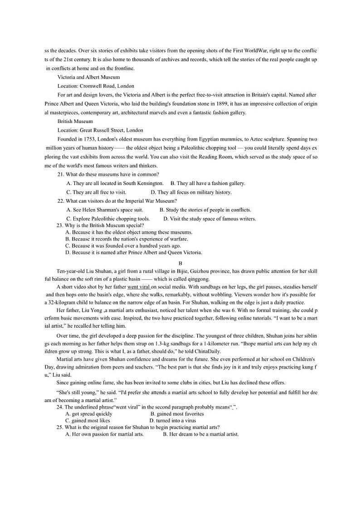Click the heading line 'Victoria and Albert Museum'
tap(88, 77)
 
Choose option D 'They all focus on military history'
tap(191, 192)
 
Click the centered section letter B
tap(180, 263)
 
